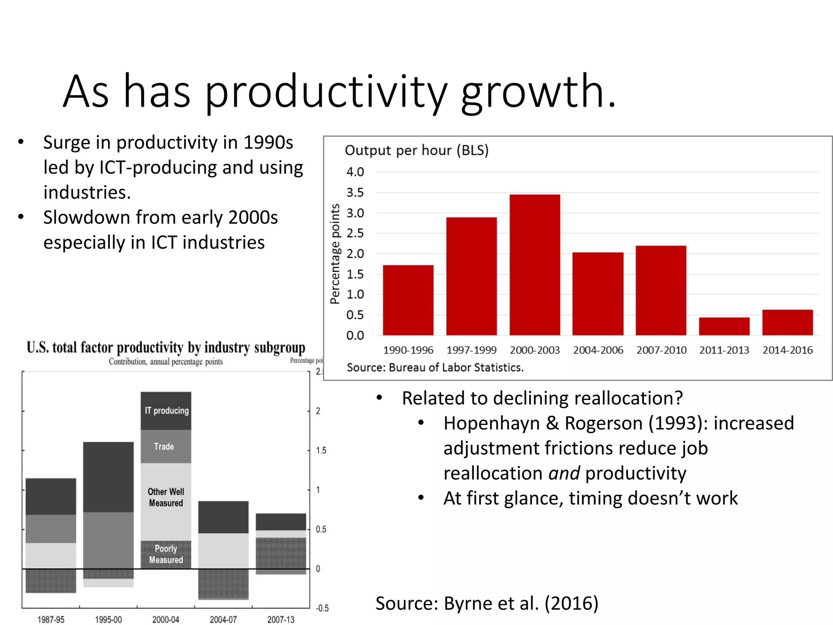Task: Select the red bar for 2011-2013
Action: pos(724,326)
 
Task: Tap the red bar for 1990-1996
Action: pos(408,300)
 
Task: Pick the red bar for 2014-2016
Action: pos(787,322)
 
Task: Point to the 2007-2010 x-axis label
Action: pos(661,350)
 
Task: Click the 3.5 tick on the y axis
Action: pos(355,192)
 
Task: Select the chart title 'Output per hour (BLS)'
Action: pos(416,150)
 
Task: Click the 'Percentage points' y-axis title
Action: pos(335,253)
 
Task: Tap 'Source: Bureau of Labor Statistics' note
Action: pos(435,367)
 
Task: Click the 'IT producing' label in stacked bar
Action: pos(167,411)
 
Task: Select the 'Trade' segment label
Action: pos(164,446)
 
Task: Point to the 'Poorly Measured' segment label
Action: pos(166,554)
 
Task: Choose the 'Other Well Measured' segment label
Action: pos(166,497)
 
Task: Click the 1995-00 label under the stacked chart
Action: pos(108,619)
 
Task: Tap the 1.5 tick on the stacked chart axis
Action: pos(321,450)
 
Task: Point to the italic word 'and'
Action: pos(564,473)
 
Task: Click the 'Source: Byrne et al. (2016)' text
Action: pos(486,603)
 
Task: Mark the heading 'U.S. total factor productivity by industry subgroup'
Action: pos(166,347)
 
